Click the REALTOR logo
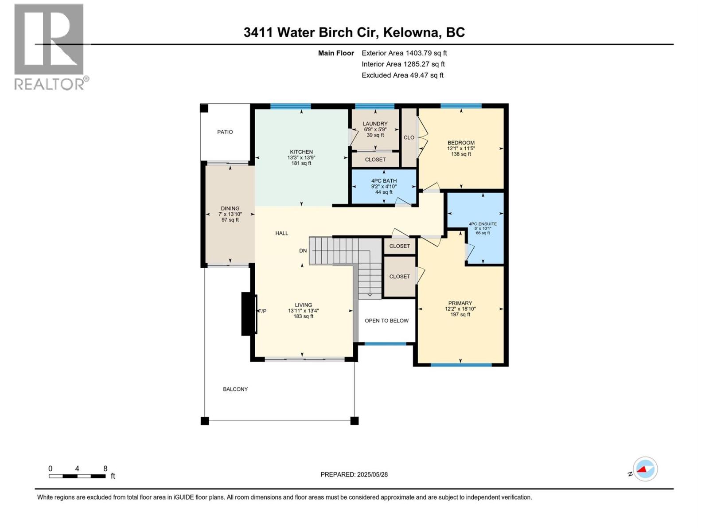(50, 47)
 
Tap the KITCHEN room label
(301, 152)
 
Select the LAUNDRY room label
(375, 124)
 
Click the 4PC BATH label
(384, 181)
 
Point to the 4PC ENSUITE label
(483, 224)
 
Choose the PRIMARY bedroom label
(460, 304)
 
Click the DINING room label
(230, 209)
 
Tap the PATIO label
(225, 132)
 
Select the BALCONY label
(235, 389)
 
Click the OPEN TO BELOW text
(386, 321)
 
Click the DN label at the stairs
(303, 251)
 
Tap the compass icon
(645, 469)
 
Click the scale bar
(77, 476)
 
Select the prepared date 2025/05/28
(372, 474)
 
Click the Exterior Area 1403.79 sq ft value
(404, 53)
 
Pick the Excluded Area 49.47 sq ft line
(402, 75)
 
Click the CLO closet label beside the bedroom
(409, 137)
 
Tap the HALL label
(281, 233)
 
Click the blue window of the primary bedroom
(461, 365)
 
